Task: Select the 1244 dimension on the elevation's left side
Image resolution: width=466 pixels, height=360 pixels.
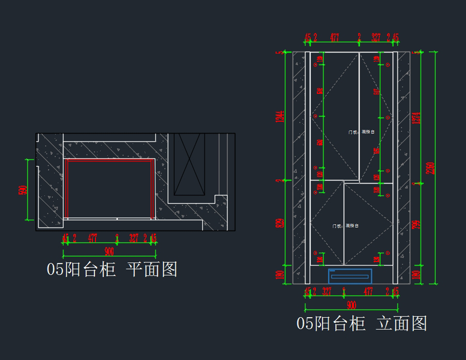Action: tap(280, 117)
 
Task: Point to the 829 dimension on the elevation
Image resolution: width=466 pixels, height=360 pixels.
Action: tap(280, 223)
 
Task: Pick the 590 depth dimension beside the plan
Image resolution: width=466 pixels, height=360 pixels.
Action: tap(23, 190)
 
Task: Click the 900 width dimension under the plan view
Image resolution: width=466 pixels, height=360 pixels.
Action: tap(109, 252)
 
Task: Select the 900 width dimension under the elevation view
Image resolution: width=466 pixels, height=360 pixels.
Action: tap(351, 305)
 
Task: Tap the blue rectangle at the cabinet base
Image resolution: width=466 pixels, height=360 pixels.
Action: tap(350, 276)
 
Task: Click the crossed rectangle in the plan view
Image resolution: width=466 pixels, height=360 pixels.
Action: tap(189, 164)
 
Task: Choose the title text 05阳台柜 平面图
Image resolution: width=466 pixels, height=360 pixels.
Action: tap(112, 269)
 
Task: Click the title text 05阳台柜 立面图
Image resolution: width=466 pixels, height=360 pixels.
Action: tap(362, 323)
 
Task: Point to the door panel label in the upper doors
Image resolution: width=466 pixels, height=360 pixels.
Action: tap(361, 132)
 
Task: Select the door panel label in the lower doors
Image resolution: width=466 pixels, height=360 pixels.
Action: tap(345, 226)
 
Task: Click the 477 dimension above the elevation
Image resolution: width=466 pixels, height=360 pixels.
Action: tap(334, 38)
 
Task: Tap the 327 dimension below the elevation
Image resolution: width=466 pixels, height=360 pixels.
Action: tap(327, 291)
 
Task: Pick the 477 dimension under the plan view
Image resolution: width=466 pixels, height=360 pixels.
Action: tap(92, 238)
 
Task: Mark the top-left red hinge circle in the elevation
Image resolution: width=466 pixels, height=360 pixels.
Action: tap(315, 64)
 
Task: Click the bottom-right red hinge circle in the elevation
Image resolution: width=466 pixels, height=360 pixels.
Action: tap(387, 253)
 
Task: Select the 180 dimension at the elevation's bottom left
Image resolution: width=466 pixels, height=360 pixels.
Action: tap(280, 275)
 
